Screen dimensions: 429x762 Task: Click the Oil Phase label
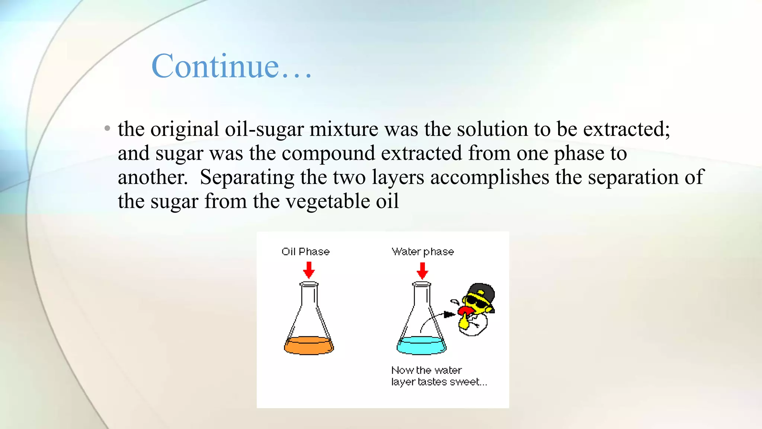pyautogui.click(x=305, y=252)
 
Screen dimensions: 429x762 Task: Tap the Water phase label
pyautogui.click(x=423, y=252)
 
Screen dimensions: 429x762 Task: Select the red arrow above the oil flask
pyautogui.click(x=309, y=270)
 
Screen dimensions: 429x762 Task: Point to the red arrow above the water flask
pyautogui.click(x=422, y=271)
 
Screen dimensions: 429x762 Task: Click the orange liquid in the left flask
pyautogui.click(x=309, y=346)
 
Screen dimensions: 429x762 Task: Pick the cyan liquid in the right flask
pyautogui.click(x=421, y=346)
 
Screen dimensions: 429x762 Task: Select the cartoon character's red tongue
pyautogui.click(x=465, y=311)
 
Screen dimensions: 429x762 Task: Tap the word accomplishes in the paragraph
pyautogui.click(x=490, y=178)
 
